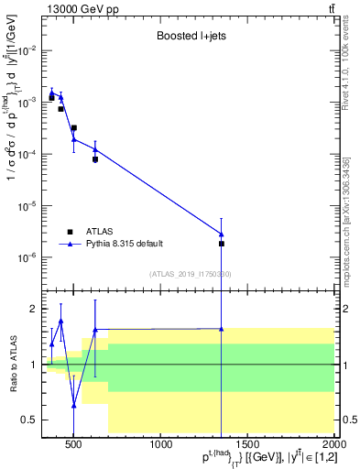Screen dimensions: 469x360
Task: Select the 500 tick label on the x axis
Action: (74, 445)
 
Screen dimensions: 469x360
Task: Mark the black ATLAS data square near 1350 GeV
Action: (223, 244)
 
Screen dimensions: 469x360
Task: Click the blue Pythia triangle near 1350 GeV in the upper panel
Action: (223, 234)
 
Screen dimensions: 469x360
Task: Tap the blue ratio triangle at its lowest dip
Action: (74, 405)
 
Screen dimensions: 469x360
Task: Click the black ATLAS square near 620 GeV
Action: (95, 159)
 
